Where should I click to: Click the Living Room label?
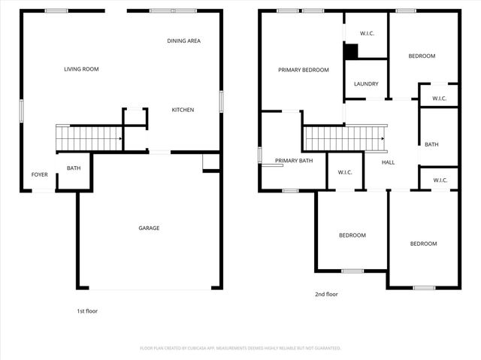click(x=81, y=69)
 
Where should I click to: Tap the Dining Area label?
click(x=183, y=41)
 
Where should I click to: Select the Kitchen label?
click(x=183, y=110)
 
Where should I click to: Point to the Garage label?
click(x=149, y=228)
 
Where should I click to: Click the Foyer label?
click(x=39, y=174)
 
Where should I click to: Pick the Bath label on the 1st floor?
click(x=74, y=168)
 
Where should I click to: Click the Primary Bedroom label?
click(x=304, y=70)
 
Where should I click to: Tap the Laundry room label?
click(x=366, y=84)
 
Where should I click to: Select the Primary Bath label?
click(x=294, y=161)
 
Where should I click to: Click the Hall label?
click(x=388, y=162)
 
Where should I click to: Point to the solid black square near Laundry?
click(x=351, y=51)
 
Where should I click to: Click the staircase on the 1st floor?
click(x=89, y=138)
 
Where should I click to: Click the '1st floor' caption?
click(x=87, y=311)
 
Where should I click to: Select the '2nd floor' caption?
click(x=326, y=294)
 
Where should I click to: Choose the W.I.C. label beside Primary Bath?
click(x=345, y=172)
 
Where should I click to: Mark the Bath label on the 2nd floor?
click(x=431, y=144)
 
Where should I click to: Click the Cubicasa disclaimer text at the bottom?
click(x=240, y=348)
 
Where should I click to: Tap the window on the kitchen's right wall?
click(x=221, y=101)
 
